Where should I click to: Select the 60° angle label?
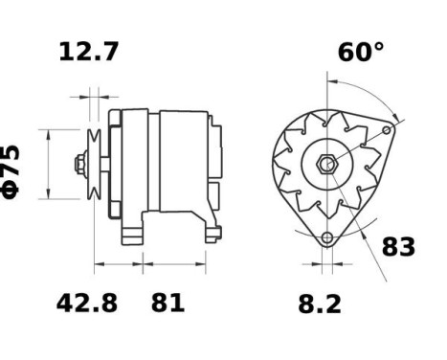click(x=360, y=52)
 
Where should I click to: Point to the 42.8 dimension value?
click(x=86, y=304)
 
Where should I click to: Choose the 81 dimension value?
click(x=168, y=304)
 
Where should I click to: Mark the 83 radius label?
click(x=398, y=246)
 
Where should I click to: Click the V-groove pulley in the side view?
click(x=96, y=164)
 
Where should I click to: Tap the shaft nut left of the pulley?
click(x=80, y=164)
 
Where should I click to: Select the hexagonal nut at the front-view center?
click(x=326, y=164)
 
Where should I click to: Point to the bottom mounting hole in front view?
click(x=327, y=236)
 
